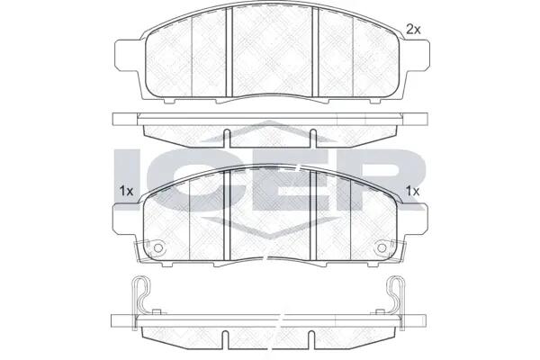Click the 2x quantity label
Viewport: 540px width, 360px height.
pyautogui.click(x=413, y=30)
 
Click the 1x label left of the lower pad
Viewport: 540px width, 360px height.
pyautogui.click(x=126, y=191)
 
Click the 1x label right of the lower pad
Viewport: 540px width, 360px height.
pyautogui.click(x=412, y=191)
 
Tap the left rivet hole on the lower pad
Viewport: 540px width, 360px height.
pyautogui.click(x=158, y=247)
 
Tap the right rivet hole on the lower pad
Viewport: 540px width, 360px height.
pyautogui.click(x=382, y=247)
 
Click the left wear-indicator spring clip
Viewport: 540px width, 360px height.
pyautogui.click(x=140, y=296)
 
